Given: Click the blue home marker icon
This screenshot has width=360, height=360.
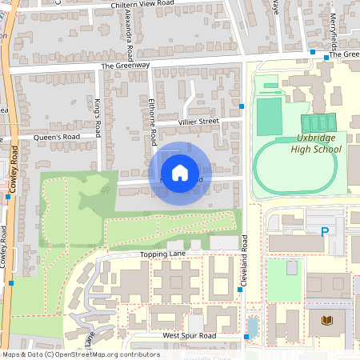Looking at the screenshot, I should (x=179, y=172).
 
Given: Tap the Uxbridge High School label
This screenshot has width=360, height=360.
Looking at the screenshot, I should (x=315, y=143).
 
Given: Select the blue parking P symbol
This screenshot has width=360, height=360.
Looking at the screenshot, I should (x=325, y=232).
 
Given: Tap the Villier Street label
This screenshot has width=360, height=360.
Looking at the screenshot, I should (x=198, y=122).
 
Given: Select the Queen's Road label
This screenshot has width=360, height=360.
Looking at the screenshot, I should (x=56, y=137).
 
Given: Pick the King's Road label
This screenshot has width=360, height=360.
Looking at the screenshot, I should (x=98, y=118).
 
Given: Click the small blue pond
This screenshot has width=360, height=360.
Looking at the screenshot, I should (x=254, y=326).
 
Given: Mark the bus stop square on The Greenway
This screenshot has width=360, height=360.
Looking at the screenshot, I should (x=313, y=52).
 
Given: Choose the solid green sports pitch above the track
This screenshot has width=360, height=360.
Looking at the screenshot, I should (x=269, y=116).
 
